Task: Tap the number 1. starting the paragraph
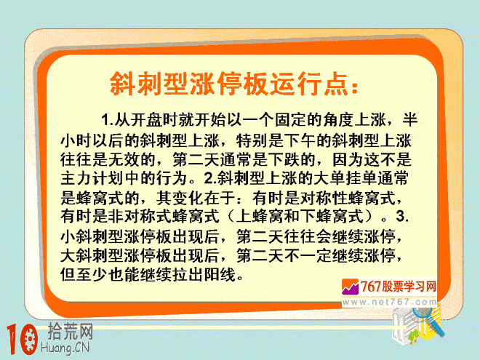click(x=108, y=120)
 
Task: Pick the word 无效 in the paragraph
click(x=124, y=159)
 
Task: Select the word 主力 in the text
click(x=76, y=178)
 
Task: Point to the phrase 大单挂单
click(x=345, y=178)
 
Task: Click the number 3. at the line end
click(x=402, y=216)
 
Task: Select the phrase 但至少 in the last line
click(x=84, y=274)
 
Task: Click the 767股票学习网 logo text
click(x=398, y=287)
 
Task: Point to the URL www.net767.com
click(x=389, y=302)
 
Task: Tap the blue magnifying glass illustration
click(x=428, y=320)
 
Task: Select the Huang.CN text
click(x=65, y=348)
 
